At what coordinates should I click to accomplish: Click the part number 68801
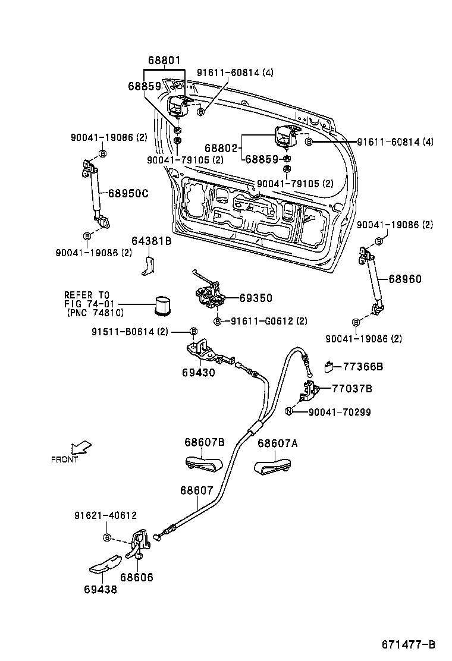click(x=164, y=61)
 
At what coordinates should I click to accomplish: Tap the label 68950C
click(x=128, y=193)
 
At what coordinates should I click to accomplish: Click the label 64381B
click(x=151, y=241)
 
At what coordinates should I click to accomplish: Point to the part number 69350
click(x=255, y=298)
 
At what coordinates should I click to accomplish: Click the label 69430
click(x=198, y=373)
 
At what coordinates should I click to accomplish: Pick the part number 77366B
click(x=363, y=367)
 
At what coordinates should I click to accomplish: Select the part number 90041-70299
click(x=340, y=411)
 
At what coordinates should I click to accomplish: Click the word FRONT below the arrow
click(x=64, y=459)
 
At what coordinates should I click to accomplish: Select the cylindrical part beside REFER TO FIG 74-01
click(x=163, y=306)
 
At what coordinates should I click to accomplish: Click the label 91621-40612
click(x=105, y=515)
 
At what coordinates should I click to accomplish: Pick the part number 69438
click(x=100, y=590)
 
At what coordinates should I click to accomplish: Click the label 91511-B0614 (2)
click(x=130, y=331)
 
